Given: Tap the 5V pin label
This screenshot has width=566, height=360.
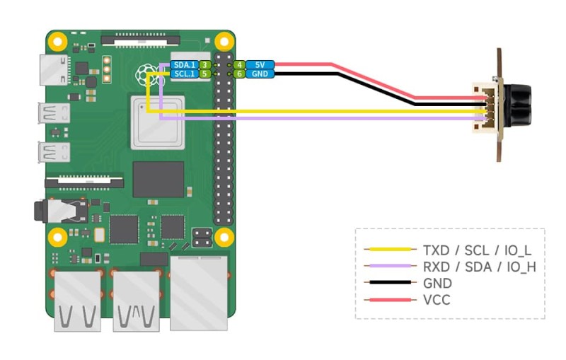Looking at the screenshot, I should [x=260, y=64].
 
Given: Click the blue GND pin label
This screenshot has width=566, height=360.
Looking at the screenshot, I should [x=260, y=74].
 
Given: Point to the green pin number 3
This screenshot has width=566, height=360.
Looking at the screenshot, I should [x=204, y=64].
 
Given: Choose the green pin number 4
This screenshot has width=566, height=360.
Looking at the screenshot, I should [x=240, y=64].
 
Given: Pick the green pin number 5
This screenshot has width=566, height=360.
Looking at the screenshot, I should [x=204, y=73].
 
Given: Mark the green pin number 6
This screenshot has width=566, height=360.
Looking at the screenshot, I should [x=240, y=74].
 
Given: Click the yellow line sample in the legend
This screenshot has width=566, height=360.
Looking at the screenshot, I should [x=388, y=249].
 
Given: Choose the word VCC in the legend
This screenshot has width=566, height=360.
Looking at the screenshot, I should [x=437, y=300].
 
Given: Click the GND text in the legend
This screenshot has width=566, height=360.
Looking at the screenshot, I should [x=437, y=283].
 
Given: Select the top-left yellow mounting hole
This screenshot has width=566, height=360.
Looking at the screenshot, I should [x=57, y=40].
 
